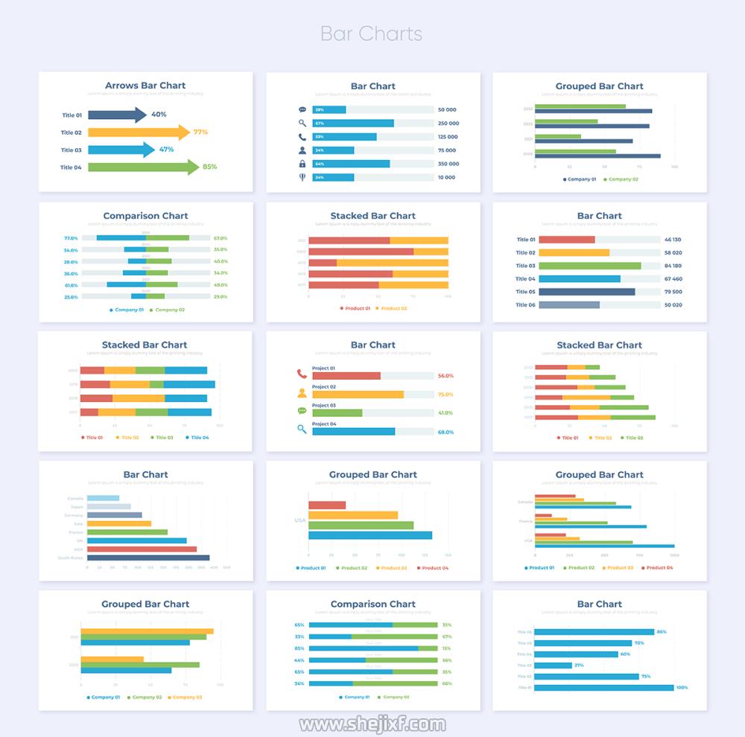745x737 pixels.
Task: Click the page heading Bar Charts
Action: tap(371, 33)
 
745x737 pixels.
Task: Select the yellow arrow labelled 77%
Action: tap(138, 133)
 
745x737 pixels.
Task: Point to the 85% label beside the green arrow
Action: tap(209, 167)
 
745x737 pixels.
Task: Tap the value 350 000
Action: tap(448, 164)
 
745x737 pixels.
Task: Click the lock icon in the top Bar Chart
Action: tap(302, 164)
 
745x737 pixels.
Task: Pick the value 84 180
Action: tap(672, 266)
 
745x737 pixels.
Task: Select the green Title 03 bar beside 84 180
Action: tap(589, 266)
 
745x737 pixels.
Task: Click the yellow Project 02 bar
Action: tap(358, 395)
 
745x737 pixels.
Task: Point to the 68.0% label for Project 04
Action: tap(446, 432)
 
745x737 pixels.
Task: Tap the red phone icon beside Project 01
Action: tap(302, 374)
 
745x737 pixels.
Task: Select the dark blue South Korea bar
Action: tap(148, 558)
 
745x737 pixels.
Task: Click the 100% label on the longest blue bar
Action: tap(682, 688)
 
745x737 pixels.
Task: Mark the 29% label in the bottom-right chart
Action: tap(579, 666)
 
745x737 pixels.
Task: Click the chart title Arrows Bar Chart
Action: tap(145, 86)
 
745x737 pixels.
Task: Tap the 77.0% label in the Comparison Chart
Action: tap(71, 238)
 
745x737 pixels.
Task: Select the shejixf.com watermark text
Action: tap(372, 724)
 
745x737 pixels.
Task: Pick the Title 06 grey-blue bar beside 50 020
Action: tap(568, 304)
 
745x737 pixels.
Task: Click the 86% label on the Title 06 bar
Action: tap(661, 632)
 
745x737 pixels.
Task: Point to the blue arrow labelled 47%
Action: tap(121, 150)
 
